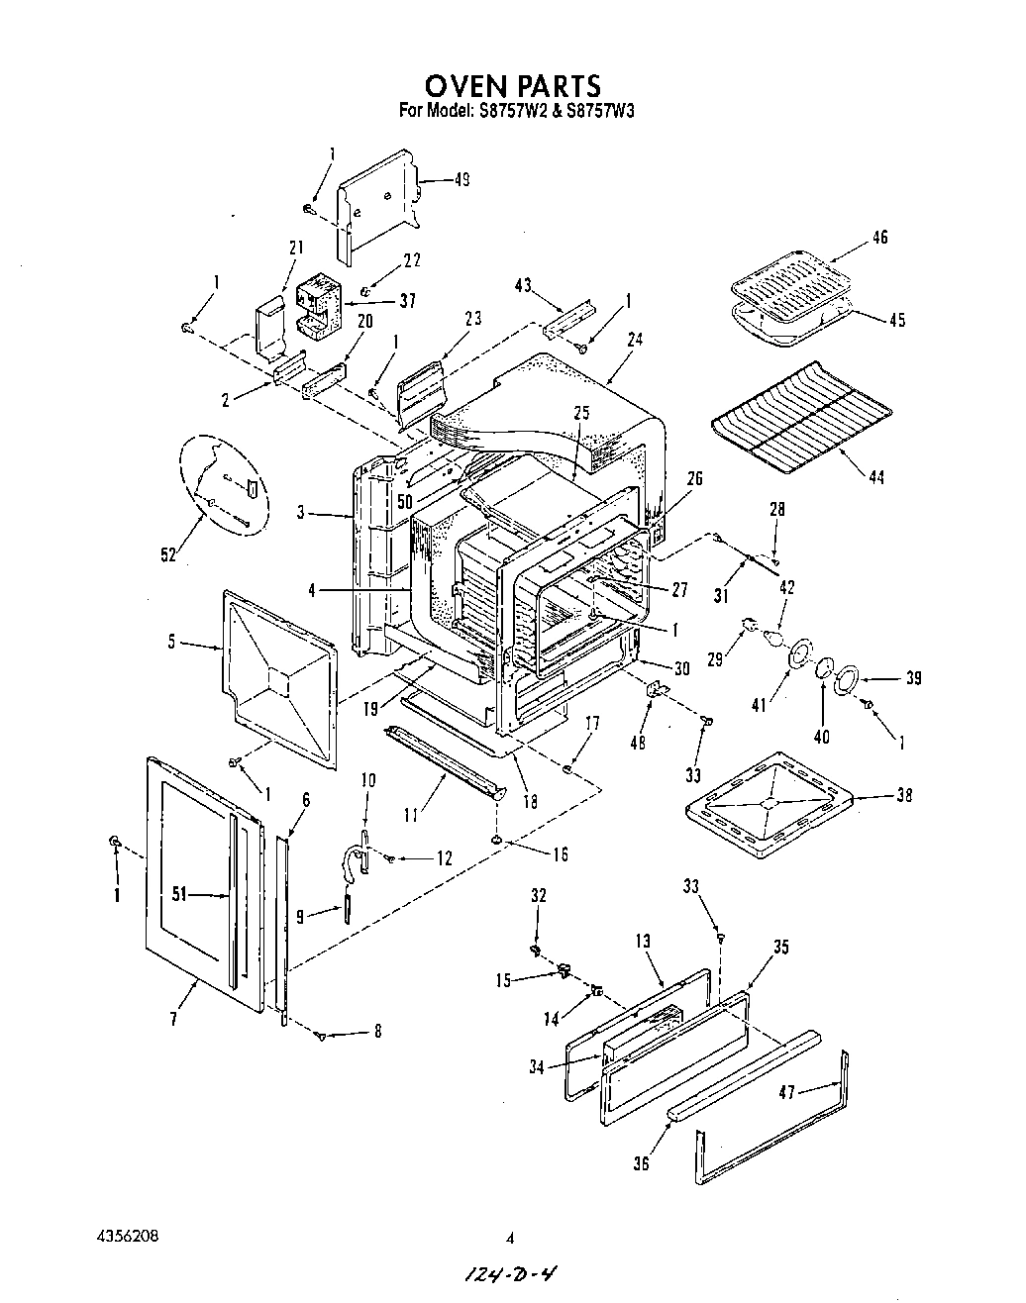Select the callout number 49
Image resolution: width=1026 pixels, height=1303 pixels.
(x=461, y=179)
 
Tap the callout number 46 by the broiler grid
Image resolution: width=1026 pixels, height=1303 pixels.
(x=879, y=237)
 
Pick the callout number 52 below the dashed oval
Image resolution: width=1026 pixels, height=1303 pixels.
(x=168, y=554)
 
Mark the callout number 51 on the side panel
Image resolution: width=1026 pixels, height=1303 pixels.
(x=179, y=895)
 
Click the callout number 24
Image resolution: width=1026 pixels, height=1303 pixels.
(x=635, y=339)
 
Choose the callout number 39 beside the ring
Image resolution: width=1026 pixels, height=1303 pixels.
(x=912, y=678)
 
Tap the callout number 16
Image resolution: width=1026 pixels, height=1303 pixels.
(x=560, y=854)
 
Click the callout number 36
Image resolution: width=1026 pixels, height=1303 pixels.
(x=641, y=1163)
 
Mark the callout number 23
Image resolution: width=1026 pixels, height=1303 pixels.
(x=472, y=319)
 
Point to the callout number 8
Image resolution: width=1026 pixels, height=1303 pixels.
(x=376, y=1032)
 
